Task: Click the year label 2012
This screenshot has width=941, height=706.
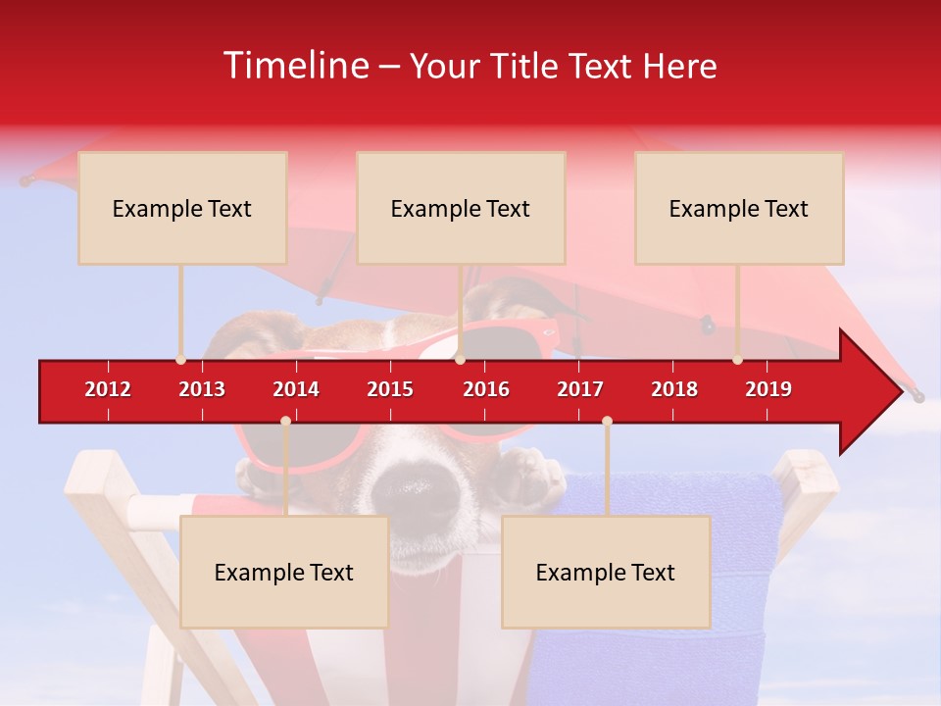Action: point(108,389)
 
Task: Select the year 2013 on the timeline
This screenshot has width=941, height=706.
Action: point(202,389)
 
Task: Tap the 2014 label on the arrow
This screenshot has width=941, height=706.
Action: point(296,389)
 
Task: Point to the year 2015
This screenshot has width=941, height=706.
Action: point(390,389)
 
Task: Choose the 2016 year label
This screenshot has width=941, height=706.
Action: point(486,389)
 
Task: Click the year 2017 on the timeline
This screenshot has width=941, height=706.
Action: point(580,389)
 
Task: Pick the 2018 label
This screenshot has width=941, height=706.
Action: point(674,389)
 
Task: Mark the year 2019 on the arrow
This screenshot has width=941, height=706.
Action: point(768,389)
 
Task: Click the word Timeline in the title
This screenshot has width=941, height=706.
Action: point(294,66)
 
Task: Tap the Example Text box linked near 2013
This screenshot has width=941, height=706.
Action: point(182,208)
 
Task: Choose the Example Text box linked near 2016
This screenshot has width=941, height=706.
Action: point(461,208)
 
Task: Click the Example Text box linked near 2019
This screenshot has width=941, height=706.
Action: point(739,208)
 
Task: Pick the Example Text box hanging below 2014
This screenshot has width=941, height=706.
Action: point(284,572)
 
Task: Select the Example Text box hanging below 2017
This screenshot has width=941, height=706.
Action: point(606,572)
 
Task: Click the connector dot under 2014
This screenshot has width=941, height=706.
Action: point(285,421)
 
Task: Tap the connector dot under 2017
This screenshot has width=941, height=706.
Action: point(607,421)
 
